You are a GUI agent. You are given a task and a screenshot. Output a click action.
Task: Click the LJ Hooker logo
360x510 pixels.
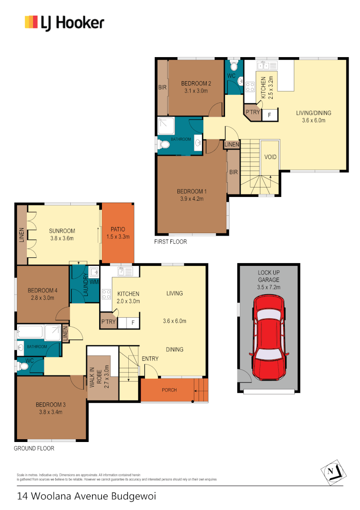[x=65, y=23]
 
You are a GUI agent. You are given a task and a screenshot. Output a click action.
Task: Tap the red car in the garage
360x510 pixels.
[x=268, y=339]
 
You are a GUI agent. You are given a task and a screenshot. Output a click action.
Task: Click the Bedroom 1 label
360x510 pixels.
[x=192, y=191]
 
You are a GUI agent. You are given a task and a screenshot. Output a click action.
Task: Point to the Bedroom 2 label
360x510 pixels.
[x=196, y=84]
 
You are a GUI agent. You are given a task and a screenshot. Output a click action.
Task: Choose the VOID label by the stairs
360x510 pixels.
[x=270, y=157]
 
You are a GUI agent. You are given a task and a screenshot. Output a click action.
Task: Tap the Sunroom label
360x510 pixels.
[x=62, y=231]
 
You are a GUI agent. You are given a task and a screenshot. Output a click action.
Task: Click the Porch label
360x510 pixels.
[x=169, y=390]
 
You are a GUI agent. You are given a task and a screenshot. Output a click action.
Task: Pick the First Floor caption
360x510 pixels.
[x=170, y=242]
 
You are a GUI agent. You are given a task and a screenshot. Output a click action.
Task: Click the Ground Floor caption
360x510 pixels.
[x=34, y=449]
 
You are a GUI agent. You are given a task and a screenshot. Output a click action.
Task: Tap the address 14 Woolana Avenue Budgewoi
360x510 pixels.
[x=86, y=496]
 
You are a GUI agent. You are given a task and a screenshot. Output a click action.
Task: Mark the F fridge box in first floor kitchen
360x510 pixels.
[x=269, y=115]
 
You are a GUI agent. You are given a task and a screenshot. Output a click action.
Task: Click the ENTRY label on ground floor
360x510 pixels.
[x=150, y=359]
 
